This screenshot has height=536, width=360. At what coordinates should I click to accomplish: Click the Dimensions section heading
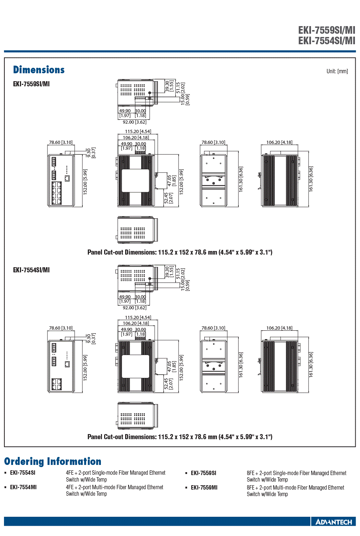[x=39, y=70]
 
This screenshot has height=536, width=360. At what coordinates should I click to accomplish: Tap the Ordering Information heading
[x=53, y=461]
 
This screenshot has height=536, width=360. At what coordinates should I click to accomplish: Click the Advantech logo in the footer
[x=334, y=522]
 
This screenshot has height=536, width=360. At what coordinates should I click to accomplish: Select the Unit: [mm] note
[x=337, y=71]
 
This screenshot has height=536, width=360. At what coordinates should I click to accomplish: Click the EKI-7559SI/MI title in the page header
[x=327, y=30]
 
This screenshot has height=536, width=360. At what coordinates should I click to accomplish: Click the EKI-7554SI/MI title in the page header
[x=327, y=41]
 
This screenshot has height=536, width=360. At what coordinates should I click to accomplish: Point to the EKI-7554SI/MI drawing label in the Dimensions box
[x=31, y=270]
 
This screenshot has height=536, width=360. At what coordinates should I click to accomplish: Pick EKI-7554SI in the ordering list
[x=22, y=473]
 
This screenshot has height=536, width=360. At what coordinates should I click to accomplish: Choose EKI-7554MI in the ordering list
[x=23, y=487]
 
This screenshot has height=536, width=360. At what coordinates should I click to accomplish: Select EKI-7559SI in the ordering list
[x=203, y=473]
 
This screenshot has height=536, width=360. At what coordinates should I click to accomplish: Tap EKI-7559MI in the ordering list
[x=204, y=488]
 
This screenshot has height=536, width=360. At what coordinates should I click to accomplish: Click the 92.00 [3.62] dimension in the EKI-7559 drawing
[x=135, y=122]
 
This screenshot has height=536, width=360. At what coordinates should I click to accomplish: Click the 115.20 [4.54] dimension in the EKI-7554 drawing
[x=138, y=318]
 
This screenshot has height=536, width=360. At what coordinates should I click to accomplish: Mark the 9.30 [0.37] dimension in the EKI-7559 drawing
[x=91, y=153]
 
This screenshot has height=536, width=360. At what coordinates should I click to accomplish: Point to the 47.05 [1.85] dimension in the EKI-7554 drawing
[x=172, y=367]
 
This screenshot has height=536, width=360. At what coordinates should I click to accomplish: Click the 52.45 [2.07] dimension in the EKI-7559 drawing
[x=168, y=198]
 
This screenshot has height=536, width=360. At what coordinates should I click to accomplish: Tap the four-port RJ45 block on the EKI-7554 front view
[x=57, y=384]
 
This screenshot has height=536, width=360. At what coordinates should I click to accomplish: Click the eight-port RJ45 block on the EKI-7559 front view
[x=57, y=193]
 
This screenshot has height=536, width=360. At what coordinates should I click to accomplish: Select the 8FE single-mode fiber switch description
[x=296, y=476]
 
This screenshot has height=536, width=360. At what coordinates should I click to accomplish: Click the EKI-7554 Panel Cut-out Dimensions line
[x=180, y=437]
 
